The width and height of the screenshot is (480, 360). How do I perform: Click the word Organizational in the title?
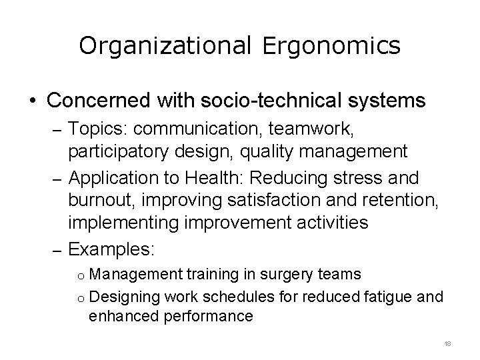click(x=163, y=46)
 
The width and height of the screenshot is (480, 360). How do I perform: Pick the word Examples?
click(x=111, y=250)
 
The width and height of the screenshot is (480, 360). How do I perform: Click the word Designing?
click(x=127, y=295)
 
